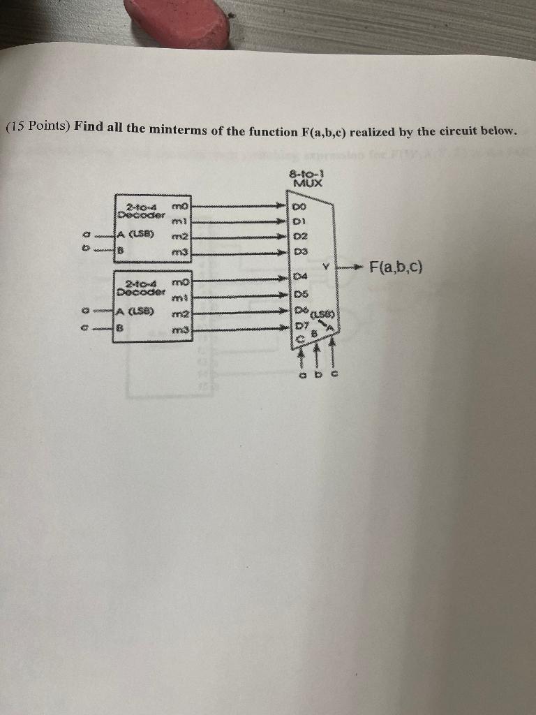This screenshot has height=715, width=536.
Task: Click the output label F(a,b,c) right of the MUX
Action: pos(397,268)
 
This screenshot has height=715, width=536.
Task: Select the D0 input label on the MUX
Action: pos(299,207)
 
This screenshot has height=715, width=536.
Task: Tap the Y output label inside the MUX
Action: pos(325,267)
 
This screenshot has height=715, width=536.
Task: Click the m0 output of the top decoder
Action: pos(180,207)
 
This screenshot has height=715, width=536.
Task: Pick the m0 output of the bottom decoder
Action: pos(180,281)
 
